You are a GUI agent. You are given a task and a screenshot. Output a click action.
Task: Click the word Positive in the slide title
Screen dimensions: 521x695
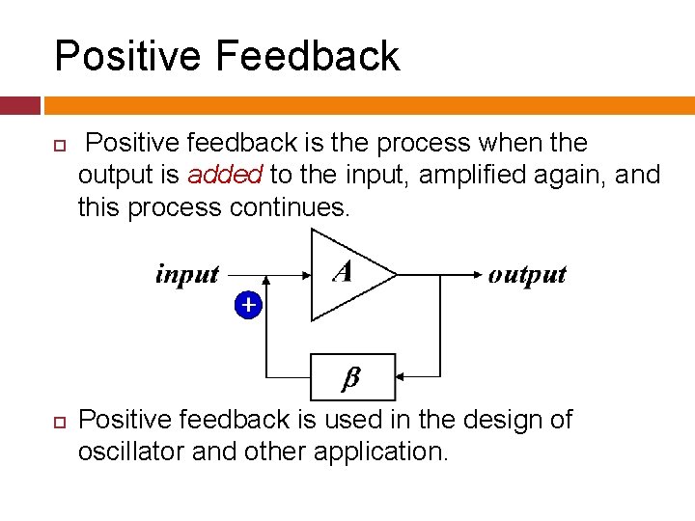click(x=126, y=56)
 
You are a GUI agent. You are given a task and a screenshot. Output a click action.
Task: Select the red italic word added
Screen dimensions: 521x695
click(x=225, y=176)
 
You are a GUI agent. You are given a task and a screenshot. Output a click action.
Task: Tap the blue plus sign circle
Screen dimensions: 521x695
click(x=248, y=305)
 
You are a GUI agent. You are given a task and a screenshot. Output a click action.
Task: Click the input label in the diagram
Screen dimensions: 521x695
click(x=187, y=275)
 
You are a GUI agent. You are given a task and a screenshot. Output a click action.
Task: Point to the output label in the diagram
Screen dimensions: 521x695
click(x=527, y=275)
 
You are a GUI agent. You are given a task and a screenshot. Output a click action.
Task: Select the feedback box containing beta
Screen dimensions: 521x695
click(x=352, y=377)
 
